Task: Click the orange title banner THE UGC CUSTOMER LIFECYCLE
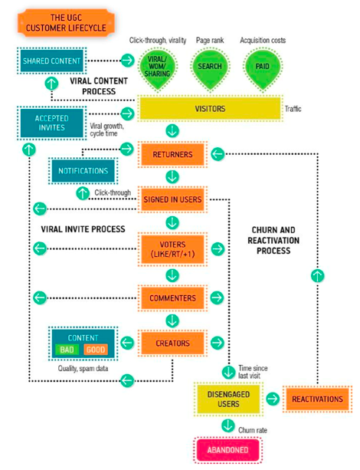(x=66, y=23)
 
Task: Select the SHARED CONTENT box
(x=51, y=61)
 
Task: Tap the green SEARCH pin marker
(x=210, y=69)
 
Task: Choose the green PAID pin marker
(x=263, y=69)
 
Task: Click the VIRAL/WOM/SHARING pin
(x=158, y=69)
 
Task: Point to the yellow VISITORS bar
(x=210, y=109)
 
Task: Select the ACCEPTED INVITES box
(x=51, y=123)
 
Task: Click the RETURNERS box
(x=172, y=154)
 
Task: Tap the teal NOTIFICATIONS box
(x=83, y=171)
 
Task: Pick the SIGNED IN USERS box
(x=172, y=199)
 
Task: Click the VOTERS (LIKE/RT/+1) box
(x=172, y=249)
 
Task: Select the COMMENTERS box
(x=172, y=298)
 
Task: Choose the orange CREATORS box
(x=172, y=343)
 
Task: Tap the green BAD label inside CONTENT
(x=67, y=350)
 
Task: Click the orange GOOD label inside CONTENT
(x=96, y=350)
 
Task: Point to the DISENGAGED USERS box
(x=228, y=399)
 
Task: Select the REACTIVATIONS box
(x=317, y=399)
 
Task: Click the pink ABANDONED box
(x=228, y=450)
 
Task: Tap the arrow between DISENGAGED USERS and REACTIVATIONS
(x=273, y=399)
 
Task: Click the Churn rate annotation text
(x=253, y=430)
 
